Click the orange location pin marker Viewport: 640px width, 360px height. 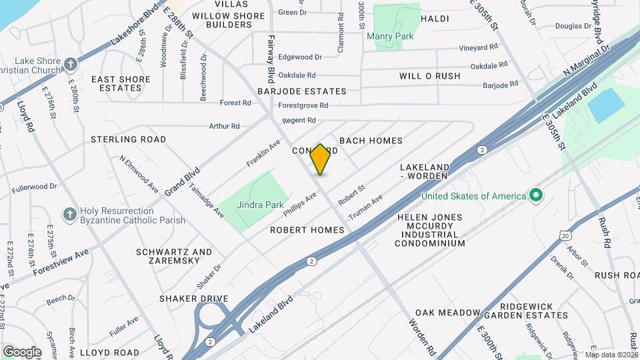coord(321,159)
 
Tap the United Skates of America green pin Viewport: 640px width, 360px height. coord(534,196)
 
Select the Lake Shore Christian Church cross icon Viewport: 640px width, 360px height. coord(70,65)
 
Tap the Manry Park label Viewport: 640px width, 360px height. coord(390,36)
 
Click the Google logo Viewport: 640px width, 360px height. coord(22,351)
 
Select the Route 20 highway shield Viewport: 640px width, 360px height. coord(565,235)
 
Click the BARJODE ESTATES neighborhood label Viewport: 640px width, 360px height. coord(303,91)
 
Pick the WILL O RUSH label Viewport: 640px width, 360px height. coord(429,76)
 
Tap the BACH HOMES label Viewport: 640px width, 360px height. coord(371,141)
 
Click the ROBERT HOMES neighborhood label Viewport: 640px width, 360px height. coord(307,230)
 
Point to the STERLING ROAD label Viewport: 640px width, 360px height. coord(128,139)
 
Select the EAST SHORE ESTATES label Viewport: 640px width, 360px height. coord(121,83)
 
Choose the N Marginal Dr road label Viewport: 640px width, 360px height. coord(587,60)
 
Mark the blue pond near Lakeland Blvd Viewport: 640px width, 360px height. coord(605,105)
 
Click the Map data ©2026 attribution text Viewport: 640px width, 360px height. coord(611,355)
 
